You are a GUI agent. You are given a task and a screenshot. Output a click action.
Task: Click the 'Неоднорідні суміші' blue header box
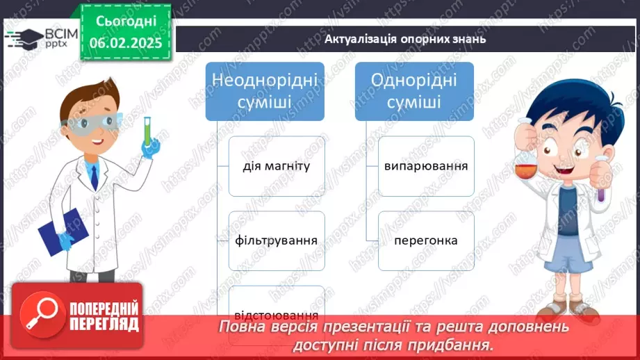pos(265,92)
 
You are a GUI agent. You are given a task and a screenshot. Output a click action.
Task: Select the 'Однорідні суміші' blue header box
pos(414,92)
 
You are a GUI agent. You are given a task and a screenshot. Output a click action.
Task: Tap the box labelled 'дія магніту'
pos(277,166)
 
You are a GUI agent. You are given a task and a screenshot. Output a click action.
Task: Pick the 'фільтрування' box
pos(277,240)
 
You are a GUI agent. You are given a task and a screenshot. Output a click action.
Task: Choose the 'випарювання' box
pos(426,166)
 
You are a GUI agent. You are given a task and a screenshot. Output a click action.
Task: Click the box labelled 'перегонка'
pos(426,240)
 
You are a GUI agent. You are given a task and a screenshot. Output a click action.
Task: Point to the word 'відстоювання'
pos(277,315)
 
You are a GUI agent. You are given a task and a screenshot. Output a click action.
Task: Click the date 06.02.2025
pos(126,43)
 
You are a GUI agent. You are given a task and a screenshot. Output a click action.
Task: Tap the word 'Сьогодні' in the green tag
pos(126,22)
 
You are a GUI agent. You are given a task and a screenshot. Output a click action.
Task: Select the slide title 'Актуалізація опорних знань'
pos(405,39)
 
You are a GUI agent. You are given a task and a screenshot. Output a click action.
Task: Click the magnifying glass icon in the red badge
pos(42,314)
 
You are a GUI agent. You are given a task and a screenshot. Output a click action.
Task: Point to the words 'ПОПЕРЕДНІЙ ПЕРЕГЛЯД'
pos(104,317)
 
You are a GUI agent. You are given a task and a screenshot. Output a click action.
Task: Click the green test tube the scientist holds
pos(147,131)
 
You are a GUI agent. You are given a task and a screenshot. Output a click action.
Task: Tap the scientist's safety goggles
pos(90,124)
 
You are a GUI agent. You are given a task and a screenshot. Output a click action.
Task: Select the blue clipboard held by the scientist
pos(63,232)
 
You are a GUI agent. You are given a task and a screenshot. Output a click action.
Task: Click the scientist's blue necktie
pos(95,177)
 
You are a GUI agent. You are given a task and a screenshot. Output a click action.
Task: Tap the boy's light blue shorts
pos(568,254)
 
